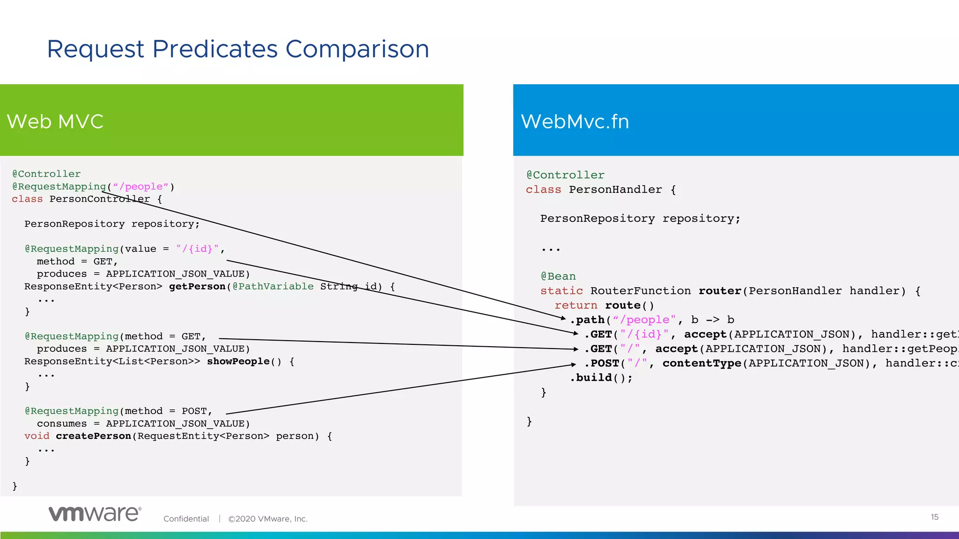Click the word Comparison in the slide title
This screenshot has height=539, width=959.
click(357, 50)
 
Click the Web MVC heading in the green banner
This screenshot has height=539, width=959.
click(55, 122)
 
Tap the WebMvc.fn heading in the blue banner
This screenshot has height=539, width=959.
click(575, 122)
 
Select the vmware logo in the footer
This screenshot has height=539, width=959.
click(95, 514)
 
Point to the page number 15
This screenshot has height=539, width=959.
click(934, 517)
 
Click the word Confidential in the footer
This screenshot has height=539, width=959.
click(186, 519)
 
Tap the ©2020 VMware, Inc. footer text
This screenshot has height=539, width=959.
click(267, 519)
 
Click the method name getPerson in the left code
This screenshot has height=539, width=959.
click(197, 286)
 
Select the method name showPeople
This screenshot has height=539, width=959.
click(238, 361)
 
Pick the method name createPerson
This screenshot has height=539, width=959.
click(93, 436)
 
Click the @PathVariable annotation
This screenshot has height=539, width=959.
click(273, 286)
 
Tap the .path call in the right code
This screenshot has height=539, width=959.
click(588, 320)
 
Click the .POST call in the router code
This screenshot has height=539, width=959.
click(602, 364)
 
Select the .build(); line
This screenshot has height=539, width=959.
click(601, 378)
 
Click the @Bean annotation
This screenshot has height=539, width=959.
click(558, 277)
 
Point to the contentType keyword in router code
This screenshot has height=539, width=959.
click(701, 364)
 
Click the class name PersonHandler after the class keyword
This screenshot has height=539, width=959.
click(615, 189)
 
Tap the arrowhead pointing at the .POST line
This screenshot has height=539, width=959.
click(574, 364)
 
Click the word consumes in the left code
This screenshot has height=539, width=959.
click(62, 423)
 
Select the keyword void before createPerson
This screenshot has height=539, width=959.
click(37, 436)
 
